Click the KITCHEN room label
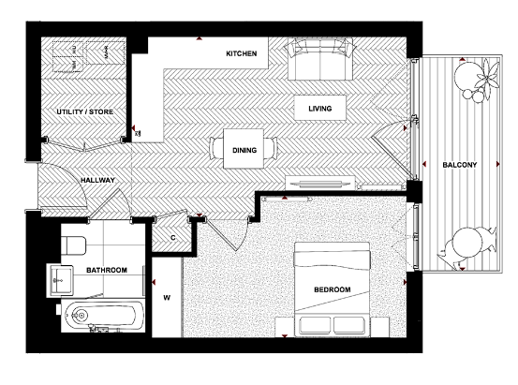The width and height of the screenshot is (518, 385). tap(242, 54)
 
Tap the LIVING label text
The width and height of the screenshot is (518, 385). tap(321, 110)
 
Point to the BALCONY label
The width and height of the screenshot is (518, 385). tap(460, 166)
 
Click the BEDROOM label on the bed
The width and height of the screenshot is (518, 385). tap(333, 290)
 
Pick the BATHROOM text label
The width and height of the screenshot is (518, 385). tap(107, 271)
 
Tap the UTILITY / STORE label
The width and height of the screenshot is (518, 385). tap(84, 112)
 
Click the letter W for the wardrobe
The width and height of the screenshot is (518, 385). tap(168, 299)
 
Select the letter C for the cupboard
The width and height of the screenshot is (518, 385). tap(172, 237)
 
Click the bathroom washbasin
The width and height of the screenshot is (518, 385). tap(62, 276)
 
